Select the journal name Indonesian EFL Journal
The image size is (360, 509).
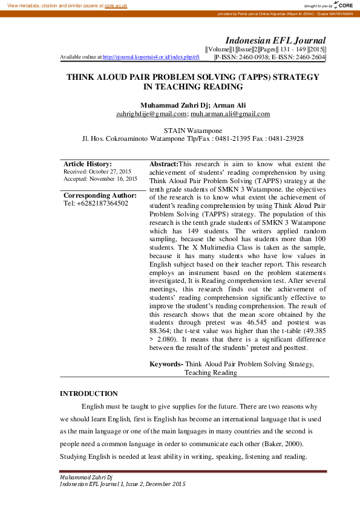coord(275,39)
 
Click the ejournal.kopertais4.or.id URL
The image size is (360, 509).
coord(151,57)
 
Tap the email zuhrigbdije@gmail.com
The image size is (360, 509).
coord(150,114)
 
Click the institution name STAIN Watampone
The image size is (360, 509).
coord(192,131)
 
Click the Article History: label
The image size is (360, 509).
coord(88,164)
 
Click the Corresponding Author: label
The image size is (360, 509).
coord(100,195)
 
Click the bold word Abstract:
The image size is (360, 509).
coord(164,164)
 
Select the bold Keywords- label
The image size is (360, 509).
coord(166,364)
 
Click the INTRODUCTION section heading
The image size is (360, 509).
coord(89,394)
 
